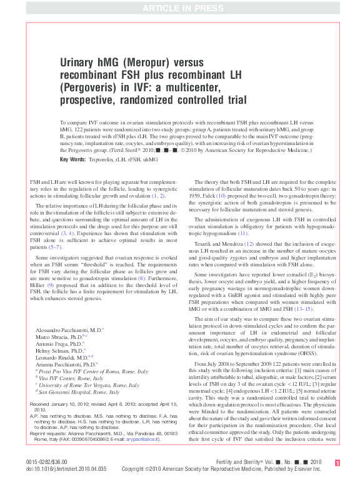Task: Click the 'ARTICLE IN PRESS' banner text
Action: click(x=180, y=7)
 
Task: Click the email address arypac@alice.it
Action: click(x=144, y=439)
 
